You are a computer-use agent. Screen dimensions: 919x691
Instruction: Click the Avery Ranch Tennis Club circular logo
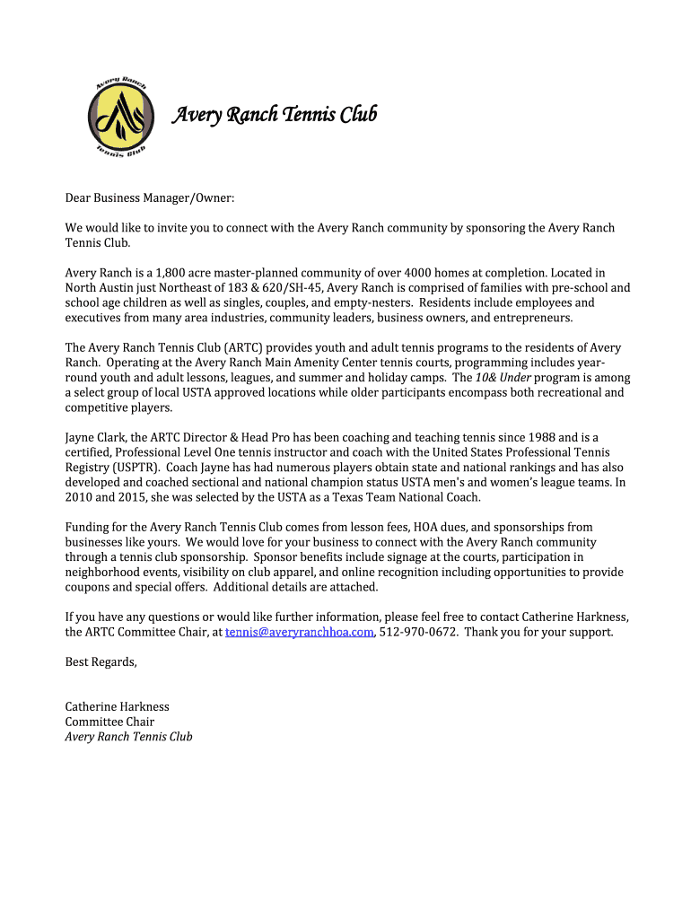point(121,117)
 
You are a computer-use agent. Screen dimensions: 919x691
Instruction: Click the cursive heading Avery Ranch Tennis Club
point(274,115)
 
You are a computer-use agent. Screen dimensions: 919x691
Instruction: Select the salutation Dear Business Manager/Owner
point(149,197)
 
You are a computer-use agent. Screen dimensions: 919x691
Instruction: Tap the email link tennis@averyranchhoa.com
point(299,632)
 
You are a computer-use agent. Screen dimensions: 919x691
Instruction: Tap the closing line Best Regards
point(101,662)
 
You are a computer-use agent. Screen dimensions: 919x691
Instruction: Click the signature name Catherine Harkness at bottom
point(117,706)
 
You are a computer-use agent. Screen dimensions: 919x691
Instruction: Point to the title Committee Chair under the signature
point(109,722)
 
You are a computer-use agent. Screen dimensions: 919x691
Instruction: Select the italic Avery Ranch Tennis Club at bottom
point(128,737)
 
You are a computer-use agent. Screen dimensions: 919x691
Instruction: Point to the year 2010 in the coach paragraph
point(79,497)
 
